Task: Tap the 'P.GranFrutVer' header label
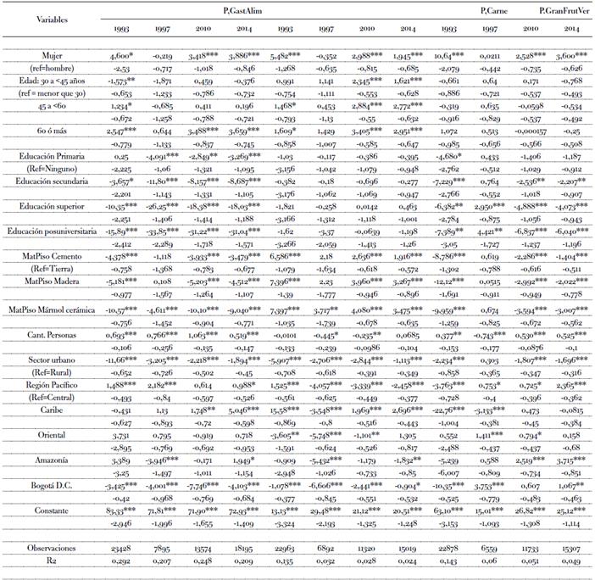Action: (563, 10)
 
